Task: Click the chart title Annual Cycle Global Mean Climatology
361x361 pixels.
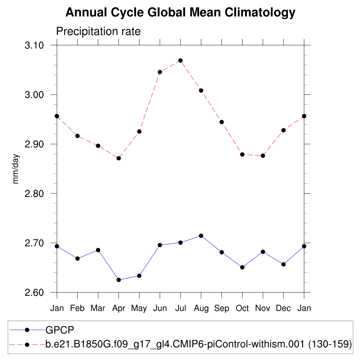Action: tap(180, 13)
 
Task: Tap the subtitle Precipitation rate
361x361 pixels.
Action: tap(98, 31)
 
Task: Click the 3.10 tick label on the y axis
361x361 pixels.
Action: tap(34, 45)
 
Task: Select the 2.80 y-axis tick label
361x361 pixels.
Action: tap(34, 194)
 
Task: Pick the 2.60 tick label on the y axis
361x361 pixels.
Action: tap(34, 293)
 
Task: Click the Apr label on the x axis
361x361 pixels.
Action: tap(118, 308)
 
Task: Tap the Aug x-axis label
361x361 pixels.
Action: tap(201, 308)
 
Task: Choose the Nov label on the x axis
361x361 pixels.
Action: tap(263, 308)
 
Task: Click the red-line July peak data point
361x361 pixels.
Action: tap(180, 61)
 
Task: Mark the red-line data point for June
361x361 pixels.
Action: tap(160, 72)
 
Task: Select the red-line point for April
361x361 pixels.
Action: tap(119, 158)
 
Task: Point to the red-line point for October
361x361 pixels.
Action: tap(242, 154)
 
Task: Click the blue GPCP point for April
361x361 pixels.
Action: tap(119, 280)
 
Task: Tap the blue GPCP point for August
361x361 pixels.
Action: tap(201, 235)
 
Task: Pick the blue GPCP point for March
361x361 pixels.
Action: tap(98, 250)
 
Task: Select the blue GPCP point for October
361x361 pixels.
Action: tap(242, 267)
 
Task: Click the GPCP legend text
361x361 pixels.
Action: tap(60, 330)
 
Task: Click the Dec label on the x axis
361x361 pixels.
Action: tap(283, 308)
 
